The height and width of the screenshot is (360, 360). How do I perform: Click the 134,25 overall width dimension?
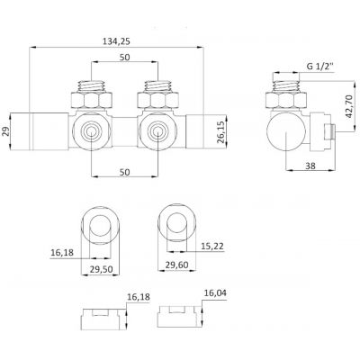click(x=116, y=41)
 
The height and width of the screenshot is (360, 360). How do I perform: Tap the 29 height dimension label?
click(x=6, y=131)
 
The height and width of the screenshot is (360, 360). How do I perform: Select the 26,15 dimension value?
click(x=222, y=132)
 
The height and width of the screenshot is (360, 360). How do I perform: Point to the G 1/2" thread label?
click(x=320, y=67)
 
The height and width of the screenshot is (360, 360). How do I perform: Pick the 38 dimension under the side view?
click(x=310, y=166)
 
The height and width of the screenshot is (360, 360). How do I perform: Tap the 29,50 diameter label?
click(x=102, y=269)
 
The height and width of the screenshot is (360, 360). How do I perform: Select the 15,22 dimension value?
click(x=212, y=247)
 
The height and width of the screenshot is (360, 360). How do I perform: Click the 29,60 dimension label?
click(x=176, y=265)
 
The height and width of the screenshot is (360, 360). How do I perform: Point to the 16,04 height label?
click(x=215, y=292)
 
